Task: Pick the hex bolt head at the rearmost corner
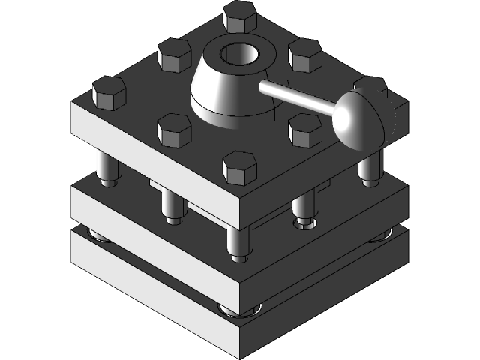(239, 15)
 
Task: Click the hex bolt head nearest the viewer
(239, 168)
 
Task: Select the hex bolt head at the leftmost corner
(108, 92)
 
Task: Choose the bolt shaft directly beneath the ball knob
(367, 169)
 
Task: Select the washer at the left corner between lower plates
(98, 237)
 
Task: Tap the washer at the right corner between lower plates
(379, 237)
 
